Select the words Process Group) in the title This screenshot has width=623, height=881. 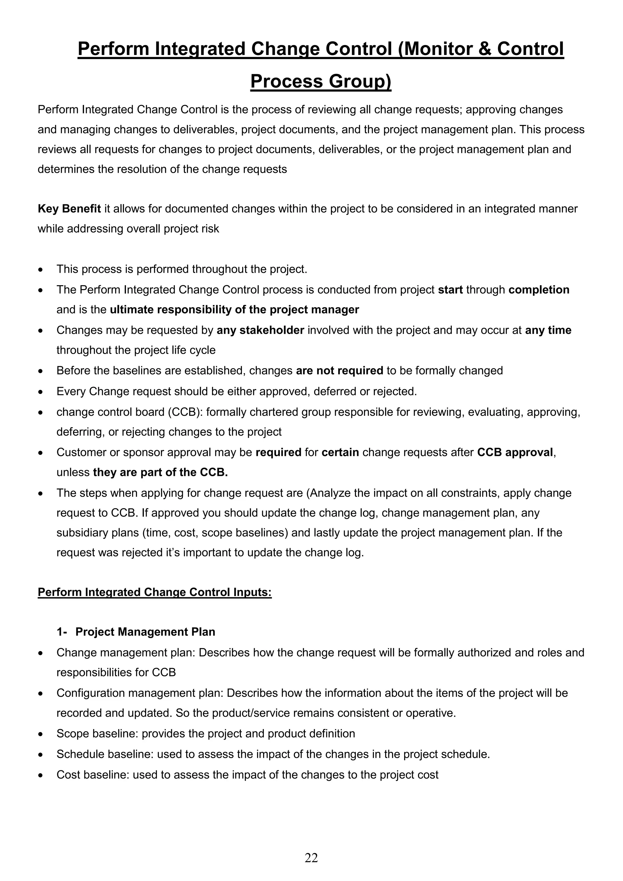pyautogui.click(x=321, y=81)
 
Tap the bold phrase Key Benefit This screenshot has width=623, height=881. pyautogui.click(x=69, y=209)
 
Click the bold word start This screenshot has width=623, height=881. pyautogui.click(x=450, y=290)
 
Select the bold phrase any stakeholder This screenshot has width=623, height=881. pyautogui.click(x=260, y=330)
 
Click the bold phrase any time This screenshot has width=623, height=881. pyautogui.click(x=548, y=330)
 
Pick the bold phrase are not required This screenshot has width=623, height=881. pyautogui.click(x=339, y=371)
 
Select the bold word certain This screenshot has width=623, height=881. pyautogui.click(x=340, y=453)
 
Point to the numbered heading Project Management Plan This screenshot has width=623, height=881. pyautogui.click(x=145, y=632)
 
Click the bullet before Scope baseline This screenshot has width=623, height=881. pyautogui.click(x=40, y=734)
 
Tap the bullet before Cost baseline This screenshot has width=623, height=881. pyautogui.click(x=40, y=775)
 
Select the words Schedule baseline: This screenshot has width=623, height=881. pyautogui.click(x=105, y=754)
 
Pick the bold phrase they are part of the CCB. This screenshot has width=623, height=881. pyautogui.click(x=160, y=472)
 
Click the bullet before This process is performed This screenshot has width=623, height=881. pyautogui.click(x=40, y=270)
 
